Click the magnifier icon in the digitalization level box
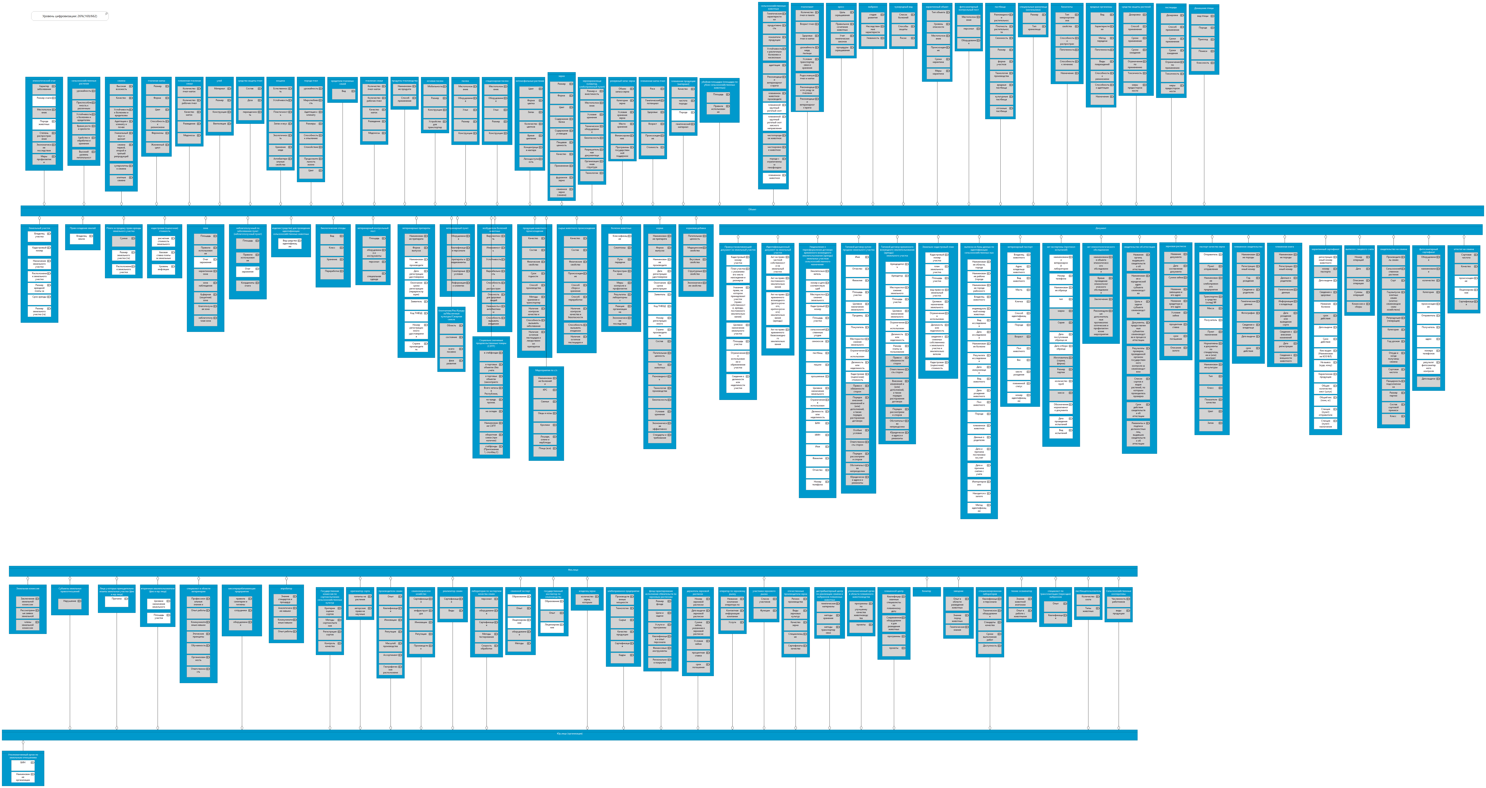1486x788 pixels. point(106,14)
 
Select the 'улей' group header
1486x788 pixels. point(219,81)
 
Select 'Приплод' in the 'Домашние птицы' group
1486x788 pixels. point(1203,39)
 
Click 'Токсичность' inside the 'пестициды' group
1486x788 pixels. point(1172,74)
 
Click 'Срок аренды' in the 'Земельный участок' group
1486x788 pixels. point(39,297)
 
